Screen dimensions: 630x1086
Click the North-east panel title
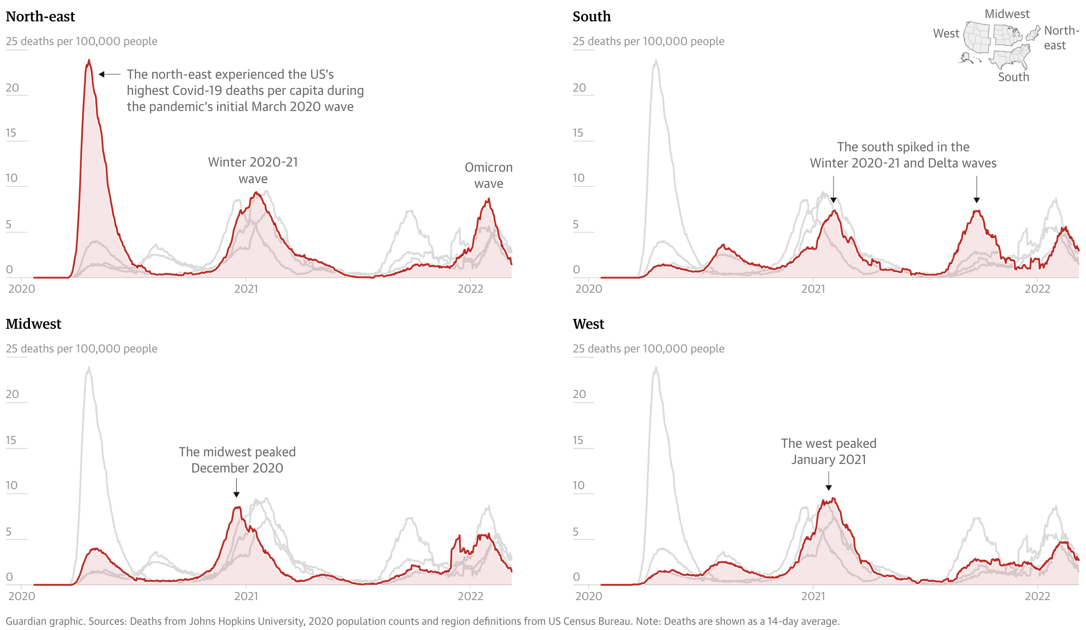click(x=40, y=17)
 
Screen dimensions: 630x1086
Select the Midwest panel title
click(x=33, y=324)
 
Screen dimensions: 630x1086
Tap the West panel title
click(x=588, y=324)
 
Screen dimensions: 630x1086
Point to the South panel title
click(x=591, y=17)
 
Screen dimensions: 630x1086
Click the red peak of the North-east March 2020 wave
click(x=89, y=61)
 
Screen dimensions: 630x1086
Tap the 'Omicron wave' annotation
click(x=488, y=175)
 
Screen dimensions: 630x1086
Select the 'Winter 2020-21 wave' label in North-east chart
click(x=253, y=170)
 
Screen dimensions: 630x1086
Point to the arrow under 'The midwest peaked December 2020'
click(x=236, y=488)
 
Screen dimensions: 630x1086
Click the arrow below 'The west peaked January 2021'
click(x=828, y=481)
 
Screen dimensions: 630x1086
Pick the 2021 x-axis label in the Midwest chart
click(x=246, y=596)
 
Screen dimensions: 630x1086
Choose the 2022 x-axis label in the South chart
click(x=1037, y=289)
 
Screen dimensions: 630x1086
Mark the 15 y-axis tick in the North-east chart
click(x=11, y=133)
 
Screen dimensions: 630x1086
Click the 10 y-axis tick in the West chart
click(x=578, y=485)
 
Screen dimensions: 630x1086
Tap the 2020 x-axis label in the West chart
click(x=589, y=596)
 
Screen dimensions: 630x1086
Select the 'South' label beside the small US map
click(x=1013, y=77)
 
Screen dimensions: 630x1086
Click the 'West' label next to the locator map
click(x=946, y=33)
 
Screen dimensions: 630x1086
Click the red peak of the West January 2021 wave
click(x=833, y=499)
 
